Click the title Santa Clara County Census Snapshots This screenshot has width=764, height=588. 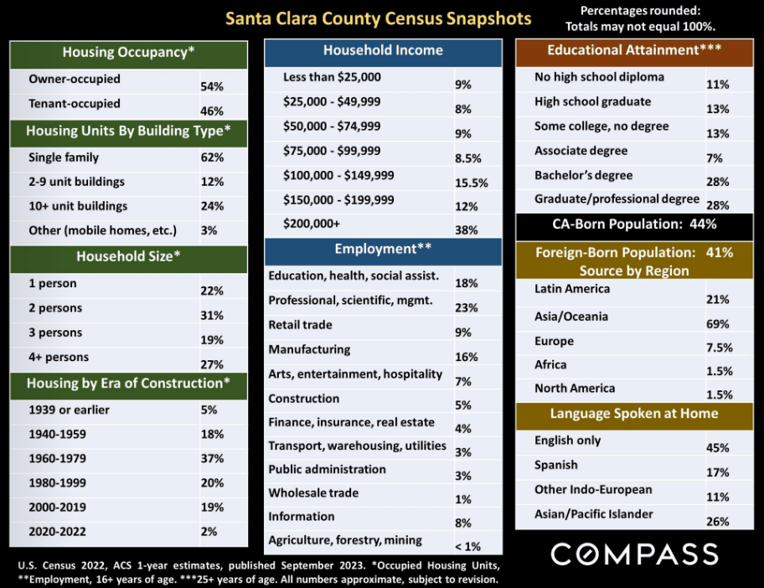377,18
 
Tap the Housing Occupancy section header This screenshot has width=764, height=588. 128,53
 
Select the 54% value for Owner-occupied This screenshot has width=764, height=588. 212,86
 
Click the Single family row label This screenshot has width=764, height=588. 64,157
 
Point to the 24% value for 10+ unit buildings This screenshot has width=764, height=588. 212,206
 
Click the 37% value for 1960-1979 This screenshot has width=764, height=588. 212,459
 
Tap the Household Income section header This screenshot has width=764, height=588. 383,50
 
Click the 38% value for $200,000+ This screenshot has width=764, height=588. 467,230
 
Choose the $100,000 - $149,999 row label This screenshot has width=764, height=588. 338,176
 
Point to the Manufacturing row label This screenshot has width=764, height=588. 309,349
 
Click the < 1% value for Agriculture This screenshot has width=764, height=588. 467,546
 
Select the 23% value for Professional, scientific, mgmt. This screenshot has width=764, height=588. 467,307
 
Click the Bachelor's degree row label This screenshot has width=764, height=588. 583,175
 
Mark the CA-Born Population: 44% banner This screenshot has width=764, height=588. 633,224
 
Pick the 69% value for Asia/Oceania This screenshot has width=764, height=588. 718,323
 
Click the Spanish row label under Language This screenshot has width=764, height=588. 556,465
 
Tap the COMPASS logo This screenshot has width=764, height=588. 634,554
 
